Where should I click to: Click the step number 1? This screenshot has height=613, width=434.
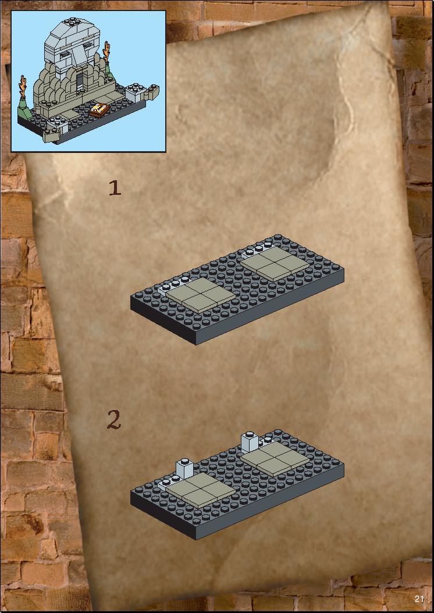click(x=115, y=188)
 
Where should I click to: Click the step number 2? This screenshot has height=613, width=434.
click(x=114, y=420)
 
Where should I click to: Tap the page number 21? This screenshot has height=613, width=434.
click(x=419, y=599)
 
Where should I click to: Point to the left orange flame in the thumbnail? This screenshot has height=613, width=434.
click(x=23, y=87)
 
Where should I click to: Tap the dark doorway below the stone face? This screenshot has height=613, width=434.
click(x=80, y=80)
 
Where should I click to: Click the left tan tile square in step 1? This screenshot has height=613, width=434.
click(x=201, y=295)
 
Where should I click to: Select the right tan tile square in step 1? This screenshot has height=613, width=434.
click(x=275, y=263)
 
